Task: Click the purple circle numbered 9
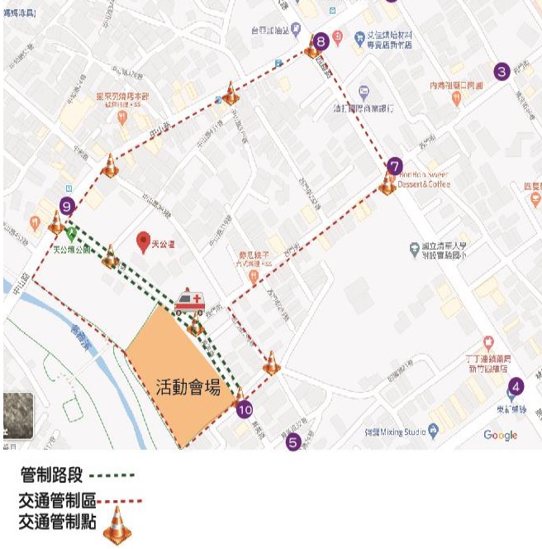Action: click(67, 207)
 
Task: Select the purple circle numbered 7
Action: click(394, 165)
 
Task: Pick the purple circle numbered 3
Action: click(502, 72)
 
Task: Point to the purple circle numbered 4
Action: click(516, 386)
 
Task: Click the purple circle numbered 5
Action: click(292, 442)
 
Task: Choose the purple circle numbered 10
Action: click(243, 408)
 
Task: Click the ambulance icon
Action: click(190, 302)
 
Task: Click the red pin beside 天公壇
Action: click(144, 241)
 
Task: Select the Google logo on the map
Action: click(500, 435)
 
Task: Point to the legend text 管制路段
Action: click(50, 476)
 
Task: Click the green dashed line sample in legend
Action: click(111, 476)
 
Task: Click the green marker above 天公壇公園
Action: click(71, 234)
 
